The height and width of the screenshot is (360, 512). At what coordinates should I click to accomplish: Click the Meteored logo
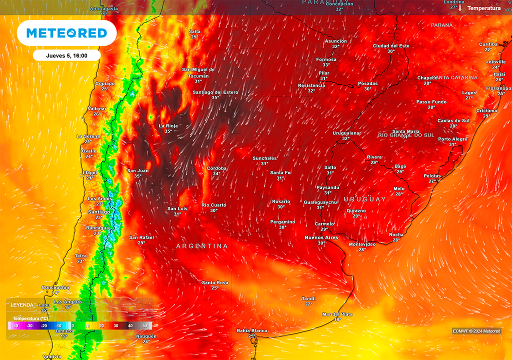[66, 33]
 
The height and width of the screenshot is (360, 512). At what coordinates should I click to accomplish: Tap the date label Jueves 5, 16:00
[66, 55]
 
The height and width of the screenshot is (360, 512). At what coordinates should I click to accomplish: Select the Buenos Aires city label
[321, 237]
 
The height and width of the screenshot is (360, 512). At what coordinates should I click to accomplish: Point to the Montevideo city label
[362, 244]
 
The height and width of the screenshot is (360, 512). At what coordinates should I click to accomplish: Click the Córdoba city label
[216, 168]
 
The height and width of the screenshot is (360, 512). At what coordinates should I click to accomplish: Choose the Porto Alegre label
[452, 139]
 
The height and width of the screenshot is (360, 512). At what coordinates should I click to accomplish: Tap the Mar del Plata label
[337, 314]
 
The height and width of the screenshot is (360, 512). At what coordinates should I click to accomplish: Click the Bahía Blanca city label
[251, 330]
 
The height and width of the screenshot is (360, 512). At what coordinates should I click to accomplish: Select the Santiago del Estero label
[215, 92]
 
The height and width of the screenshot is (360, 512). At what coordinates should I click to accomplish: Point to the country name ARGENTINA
[202, 246]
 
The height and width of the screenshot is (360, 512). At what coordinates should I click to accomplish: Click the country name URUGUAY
[365, 199]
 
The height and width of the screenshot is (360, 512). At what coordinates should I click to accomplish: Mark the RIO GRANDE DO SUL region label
[406, 135]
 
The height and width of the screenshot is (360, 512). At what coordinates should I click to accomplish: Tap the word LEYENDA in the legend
[22, 304]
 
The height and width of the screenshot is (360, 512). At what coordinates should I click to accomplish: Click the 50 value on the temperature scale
[145, 326]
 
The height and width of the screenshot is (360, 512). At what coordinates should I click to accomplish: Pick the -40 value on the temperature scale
[15, 326]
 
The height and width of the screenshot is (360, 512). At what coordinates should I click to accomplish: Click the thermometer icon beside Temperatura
[460, 8]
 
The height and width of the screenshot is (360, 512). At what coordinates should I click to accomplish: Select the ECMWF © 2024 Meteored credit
[476, 330]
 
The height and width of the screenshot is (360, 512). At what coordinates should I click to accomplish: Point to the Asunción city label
[335, 41]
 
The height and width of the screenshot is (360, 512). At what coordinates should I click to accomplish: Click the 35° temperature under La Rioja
[168, 131]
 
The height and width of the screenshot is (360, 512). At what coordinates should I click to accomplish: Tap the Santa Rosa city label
[215, 282]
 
